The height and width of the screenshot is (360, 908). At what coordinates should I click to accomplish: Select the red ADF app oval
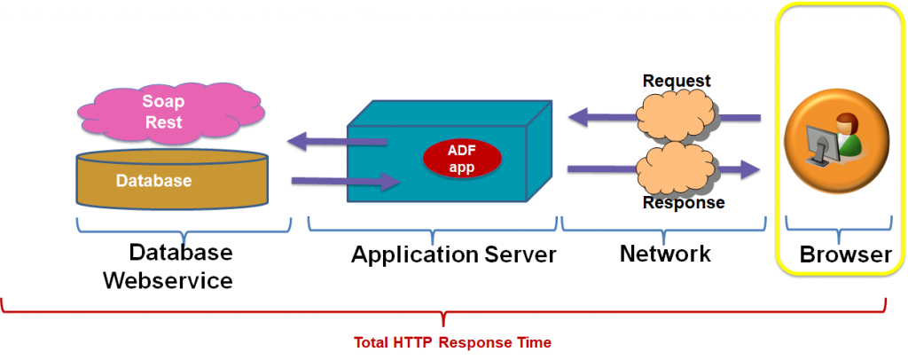[461, 157]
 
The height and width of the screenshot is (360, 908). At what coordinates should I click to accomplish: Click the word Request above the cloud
[677, 81]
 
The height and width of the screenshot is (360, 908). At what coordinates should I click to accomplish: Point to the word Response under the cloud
[683, 203]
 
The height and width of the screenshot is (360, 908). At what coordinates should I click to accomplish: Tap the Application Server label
[453, 255]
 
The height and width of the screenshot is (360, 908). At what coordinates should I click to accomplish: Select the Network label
[664, 254]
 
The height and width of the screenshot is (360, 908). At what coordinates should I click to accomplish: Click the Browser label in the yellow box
[845, 255]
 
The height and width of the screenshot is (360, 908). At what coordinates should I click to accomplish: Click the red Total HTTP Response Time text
[452, 342]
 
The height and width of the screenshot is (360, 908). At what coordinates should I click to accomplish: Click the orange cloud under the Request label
[677, 113]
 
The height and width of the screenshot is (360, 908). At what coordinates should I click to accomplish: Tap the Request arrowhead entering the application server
[578, 115]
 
